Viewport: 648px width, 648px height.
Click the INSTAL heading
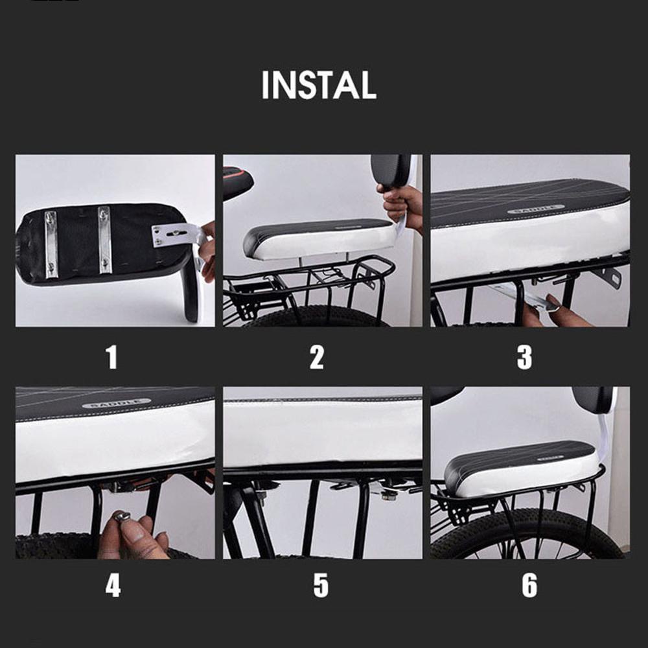pos(319,85)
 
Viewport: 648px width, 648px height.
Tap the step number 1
pos(111,358)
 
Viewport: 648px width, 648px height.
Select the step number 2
pos(317,358)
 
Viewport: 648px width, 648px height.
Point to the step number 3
pos(524,358)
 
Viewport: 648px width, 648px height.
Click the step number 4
pos(113,585)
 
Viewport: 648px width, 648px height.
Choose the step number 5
pos(321,585)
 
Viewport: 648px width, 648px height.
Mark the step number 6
pos(529,585)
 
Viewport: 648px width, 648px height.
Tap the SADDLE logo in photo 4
pos(116,402)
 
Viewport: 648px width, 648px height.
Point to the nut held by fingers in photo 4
pos(122,516)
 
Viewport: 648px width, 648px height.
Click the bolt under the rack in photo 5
pos(389,495)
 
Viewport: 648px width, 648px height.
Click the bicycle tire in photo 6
pos(527,533)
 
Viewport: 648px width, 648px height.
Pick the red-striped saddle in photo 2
pos(238,182)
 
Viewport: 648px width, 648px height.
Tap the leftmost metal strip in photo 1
pos(51,244)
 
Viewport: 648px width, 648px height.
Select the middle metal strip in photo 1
pos(105,240)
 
